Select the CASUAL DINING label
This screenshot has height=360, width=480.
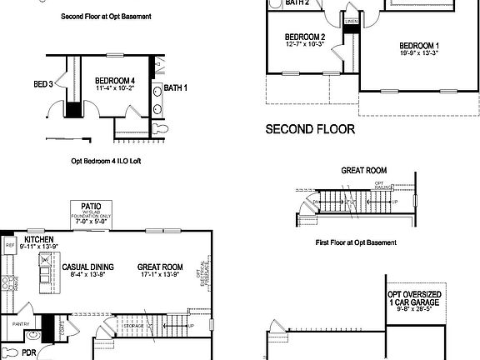tap(88, 267)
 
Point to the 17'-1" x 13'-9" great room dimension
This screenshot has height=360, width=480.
tap(159, 274)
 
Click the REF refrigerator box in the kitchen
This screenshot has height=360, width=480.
tap(10, 246)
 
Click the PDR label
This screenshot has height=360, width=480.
tap(29, 352)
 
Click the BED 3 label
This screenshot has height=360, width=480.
tap(43, 84)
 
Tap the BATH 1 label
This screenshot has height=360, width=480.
tap(175, 87)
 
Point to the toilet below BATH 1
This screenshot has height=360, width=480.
tap(161, 129)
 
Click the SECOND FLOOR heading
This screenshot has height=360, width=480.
tap(310, 129)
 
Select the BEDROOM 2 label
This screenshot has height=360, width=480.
tap(304, 37)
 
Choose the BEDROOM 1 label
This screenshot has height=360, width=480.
tap(419, 46)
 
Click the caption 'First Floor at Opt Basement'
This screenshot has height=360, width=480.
tap(356, 242)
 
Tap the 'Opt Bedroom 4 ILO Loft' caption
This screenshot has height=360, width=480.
tap(107, 161)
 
